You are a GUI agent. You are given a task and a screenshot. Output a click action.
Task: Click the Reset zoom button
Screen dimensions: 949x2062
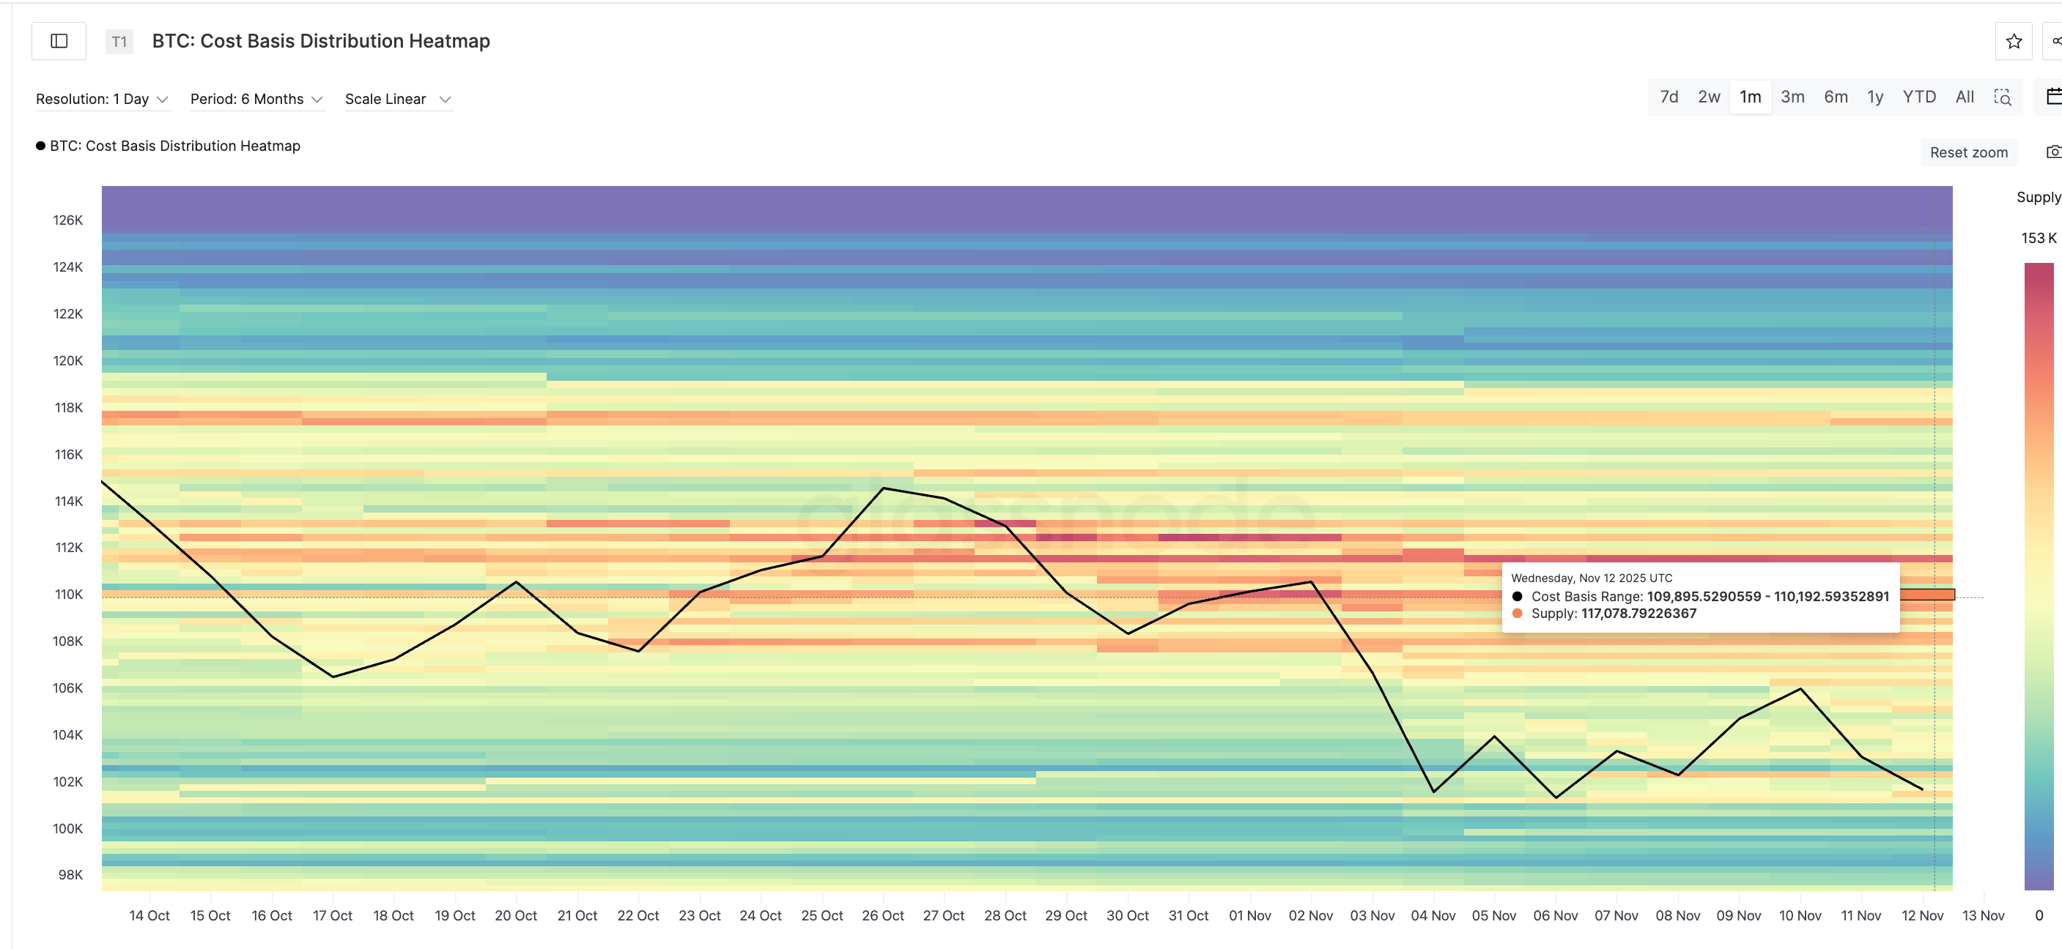pyautogui.click(x=1967, y=152)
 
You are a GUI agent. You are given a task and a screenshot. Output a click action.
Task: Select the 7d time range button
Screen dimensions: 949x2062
pyautogui.click(x=1669, y=97)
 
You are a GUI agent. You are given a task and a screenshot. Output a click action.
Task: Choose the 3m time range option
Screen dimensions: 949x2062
pyautogui.click(x=1792, y=97)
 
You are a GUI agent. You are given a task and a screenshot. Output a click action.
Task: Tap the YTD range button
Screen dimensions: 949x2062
pyautogui.click(x=1918, y=97)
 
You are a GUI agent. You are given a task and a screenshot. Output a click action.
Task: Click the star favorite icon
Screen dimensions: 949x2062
pyautogui.click(x=2013, y=42)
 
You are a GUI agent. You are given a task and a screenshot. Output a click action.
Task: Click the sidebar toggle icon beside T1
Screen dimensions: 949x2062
pyautogui.click(x=59, y=41)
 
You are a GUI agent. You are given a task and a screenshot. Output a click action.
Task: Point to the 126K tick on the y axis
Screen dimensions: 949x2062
pyautogui.click(x=68, y=220)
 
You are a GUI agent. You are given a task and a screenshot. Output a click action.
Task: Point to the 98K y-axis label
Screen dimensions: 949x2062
pyautogui.click(x=70, y=874)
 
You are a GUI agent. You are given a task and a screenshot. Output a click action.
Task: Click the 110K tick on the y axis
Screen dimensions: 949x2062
pyautogui.click(x=68, y=595)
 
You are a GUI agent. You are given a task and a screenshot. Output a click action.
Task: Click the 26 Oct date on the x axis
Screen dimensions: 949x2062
pyautogui.click(x=882, y=915)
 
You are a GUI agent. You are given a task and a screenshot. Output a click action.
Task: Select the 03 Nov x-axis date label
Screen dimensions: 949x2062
pyautogui.click(x=1371, y=915)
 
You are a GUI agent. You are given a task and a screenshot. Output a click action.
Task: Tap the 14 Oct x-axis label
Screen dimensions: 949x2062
pyautogui.click(x=149, y=915)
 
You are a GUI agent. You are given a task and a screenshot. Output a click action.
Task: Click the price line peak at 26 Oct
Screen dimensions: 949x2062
pyautogui.click(x=883, y=488)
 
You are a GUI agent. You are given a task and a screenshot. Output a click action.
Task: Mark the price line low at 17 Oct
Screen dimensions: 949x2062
pyautogui.click(x=333, y=677)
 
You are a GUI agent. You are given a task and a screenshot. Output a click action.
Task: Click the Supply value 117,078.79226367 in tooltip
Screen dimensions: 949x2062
pyautogui.click(x=1638, y=614)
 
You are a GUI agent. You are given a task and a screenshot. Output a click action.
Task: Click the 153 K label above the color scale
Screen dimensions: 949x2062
pyautogui.click(x=2037, y=238)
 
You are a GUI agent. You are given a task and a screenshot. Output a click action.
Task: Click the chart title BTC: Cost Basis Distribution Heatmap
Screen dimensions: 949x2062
pyautogui.click(x=320, y=41)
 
